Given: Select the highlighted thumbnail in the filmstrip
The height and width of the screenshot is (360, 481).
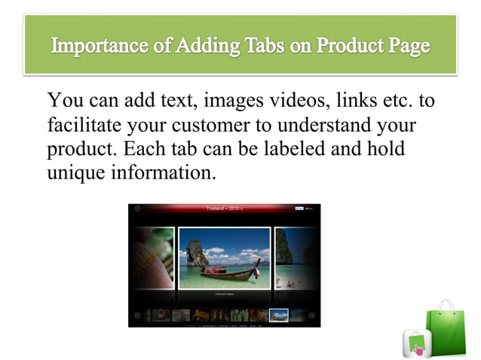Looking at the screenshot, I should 278,315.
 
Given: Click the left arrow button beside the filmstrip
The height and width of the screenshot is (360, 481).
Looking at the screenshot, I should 136,315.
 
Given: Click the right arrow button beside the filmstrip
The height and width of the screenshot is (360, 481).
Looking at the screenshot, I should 312,315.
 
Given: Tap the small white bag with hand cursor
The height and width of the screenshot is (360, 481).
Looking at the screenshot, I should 416,343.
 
